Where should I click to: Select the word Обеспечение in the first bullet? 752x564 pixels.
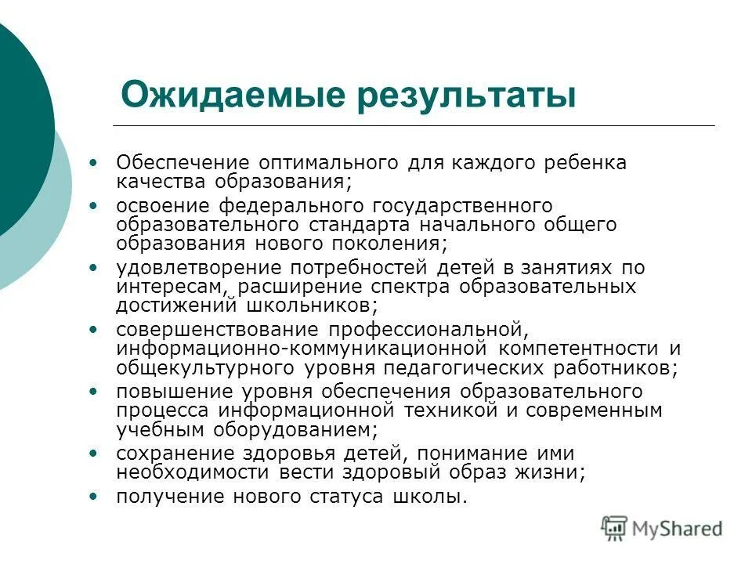pyautogui.click(x=183, y=163)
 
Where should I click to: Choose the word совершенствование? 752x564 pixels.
pyautogui.click(x=218, y=328)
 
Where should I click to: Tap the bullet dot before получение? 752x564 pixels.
pyautogui.click(x=95, y=497)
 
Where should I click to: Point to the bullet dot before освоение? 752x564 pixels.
pyautogui.click(x=95, y=205)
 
